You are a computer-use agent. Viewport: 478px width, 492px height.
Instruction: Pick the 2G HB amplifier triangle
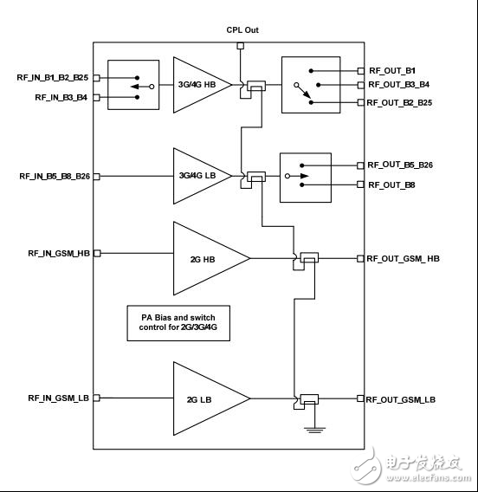(204, 257)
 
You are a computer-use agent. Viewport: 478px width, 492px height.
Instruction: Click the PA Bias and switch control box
(178, 324)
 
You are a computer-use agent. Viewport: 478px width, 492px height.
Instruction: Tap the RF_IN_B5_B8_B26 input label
(55, 176)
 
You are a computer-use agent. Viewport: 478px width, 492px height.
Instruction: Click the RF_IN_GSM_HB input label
(60, 253)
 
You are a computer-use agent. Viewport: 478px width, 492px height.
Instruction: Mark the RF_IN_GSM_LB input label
(60, 398)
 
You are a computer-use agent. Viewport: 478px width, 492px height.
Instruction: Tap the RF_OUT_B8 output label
(391, 184)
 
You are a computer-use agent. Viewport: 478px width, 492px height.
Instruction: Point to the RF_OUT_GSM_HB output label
(403, 258)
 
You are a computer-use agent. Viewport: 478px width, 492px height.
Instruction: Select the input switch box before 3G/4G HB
(132, 85)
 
